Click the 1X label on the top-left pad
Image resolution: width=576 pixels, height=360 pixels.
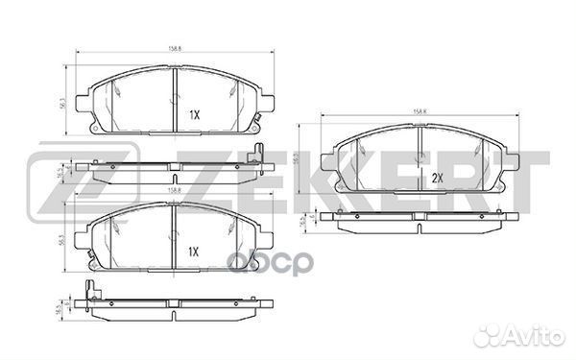click(x=193, y=113)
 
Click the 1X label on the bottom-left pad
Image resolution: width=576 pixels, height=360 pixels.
click(x=193, y=252)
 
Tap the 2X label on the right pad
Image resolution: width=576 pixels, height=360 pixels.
click(x=436, y=178)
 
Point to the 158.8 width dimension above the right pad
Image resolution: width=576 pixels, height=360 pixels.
click(x=419, y=112)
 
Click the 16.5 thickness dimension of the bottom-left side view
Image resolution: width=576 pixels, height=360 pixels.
click(x=60, y=307)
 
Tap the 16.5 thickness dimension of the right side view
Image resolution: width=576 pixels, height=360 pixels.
click(x=304, y=222)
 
